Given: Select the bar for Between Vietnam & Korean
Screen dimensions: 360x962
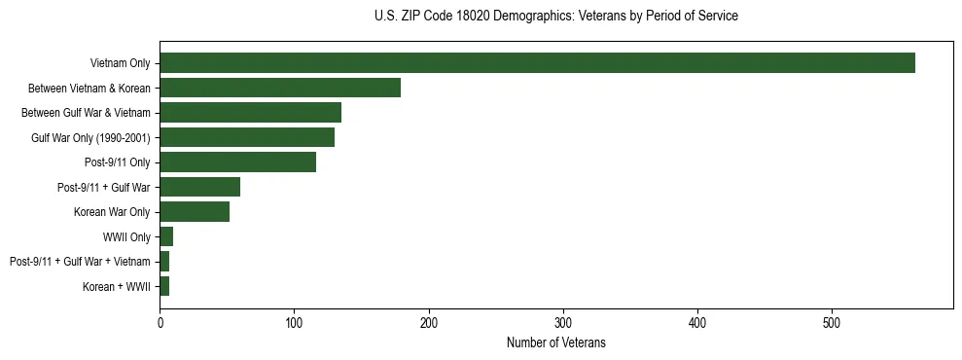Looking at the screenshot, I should pyautogui.click(x=280, y=88).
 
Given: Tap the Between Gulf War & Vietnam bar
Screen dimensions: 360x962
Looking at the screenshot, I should pyautogui.click(x=250, y=113).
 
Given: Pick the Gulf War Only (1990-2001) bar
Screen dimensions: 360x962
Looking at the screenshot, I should pyautogui.click(x=247, y=137).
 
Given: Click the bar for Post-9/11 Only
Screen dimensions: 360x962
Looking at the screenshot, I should pyautogui.click(x=237, y=162).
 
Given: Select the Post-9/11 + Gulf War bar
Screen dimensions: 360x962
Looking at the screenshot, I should pyautogui.click(x=199, y=187).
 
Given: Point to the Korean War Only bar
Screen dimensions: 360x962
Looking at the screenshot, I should pyautogui.click(x=195, y=212).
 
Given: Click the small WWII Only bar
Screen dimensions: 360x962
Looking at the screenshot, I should pyautogui.click(x=166, y=236).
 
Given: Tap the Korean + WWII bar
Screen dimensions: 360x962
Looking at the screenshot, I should pyautogui.click(x=164, y=286).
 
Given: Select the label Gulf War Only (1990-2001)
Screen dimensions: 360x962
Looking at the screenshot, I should pyautogui.click(x=90, y=138).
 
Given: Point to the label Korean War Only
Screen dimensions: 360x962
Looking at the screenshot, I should pyautogui.click(x=111, y=212).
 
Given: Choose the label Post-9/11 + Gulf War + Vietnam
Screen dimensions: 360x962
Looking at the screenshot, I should pyautogui.click(x=80, y=262).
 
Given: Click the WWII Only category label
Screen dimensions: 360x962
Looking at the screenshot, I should pyautogui.click(x=125, y=236).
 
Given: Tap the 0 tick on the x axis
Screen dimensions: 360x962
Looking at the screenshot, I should pyautogui.click(x=160, y=322).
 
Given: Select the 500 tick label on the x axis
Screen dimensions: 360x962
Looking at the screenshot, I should pyautogui.click(x=832, y=322).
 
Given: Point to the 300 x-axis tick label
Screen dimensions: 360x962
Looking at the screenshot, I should pyautogui.click(x=563, y=322).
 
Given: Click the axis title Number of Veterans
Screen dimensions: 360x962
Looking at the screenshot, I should pyautogui.click(x=555, y=342).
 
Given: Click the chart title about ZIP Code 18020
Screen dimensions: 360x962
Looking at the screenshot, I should pyautogui.click(x=555, y=17).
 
